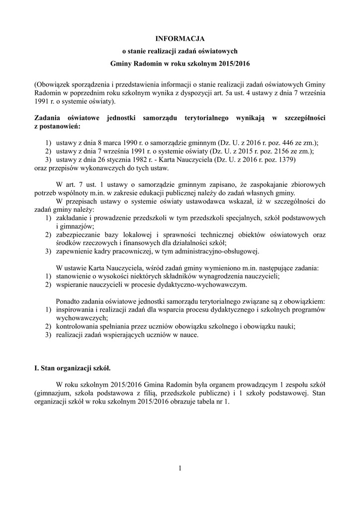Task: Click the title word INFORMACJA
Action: [x=180, y=38]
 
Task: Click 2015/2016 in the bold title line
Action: [x=234, y=64]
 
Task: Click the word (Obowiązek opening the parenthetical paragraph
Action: [x=54, y=84]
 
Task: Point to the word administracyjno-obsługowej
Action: [x=224, y=251]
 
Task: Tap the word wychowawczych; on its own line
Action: [x=82, y=318]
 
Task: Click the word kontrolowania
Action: [x=78, y=327]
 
